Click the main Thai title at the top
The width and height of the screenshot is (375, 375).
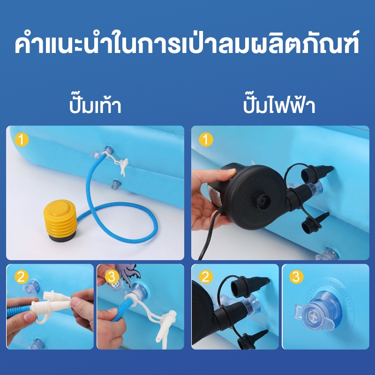pyautogui.click(x=187, y=43)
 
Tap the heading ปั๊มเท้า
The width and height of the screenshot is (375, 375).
pyautogui.click(x=95, y=105)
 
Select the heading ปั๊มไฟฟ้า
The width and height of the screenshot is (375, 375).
pyautogui.click(x=279, y=105)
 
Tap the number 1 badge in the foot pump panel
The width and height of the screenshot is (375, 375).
pyautogui.click(x=22, y=139)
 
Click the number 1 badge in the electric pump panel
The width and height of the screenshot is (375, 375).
pyautogui.click(x=206, y=139)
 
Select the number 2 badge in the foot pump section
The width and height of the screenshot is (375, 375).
pyautogui.click(x=22, y=277)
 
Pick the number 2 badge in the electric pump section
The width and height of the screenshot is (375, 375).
pyautogui.click(x=206, y=277)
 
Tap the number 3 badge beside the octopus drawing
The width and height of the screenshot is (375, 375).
pyautogui.click(x=112, y=277)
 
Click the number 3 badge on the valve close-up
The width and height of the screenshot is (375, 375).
pyautogui.click(x=296, y=277)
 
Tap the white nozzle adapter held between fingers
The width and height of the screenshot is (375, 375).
pyautogui.click(x=56, y=302)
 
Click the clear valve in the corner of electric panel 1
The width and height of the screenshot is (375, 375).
pyautogui.click(x=327, y=255)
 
